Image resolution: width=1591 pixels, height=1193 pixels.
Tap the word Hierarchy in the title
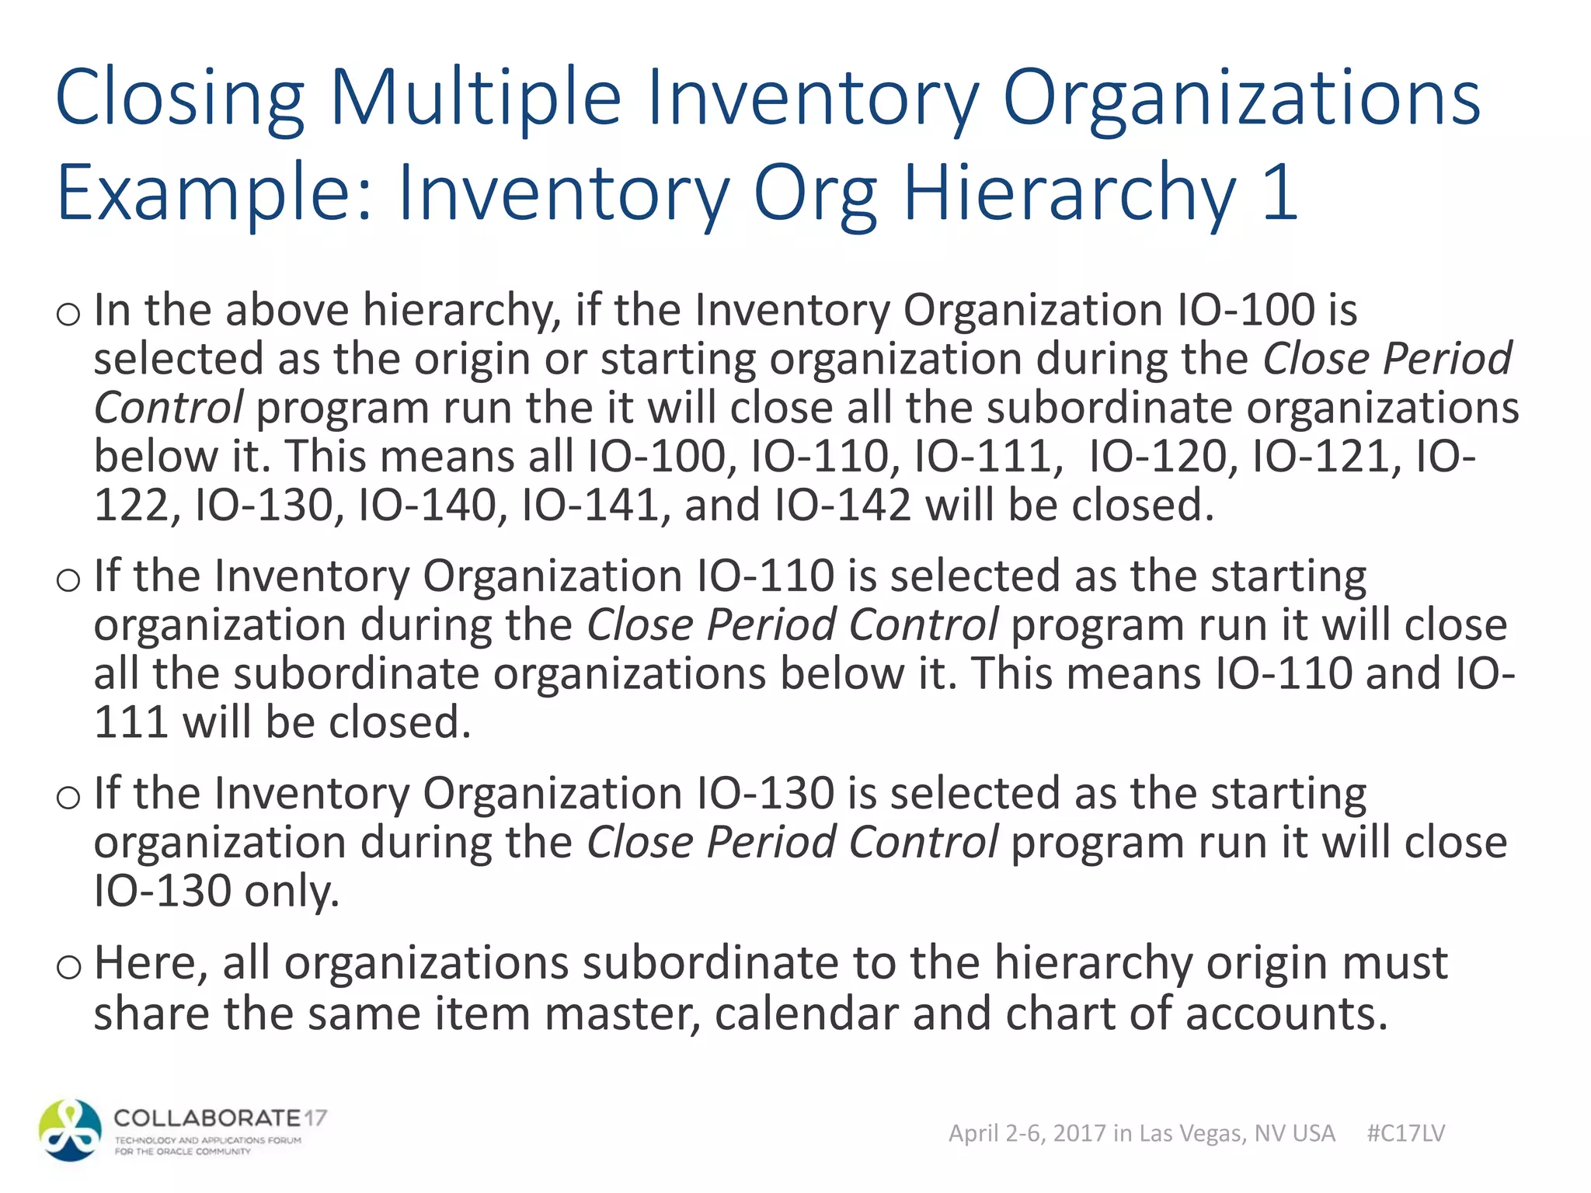pyautogui.click(x=1069, y=193)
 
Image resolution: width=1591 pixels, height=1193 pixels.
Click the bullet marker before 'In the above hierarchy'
pyautogui.click(x=68, y=314)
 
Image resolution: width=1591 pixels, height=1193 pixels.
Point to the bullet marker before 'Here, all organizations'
pyautogui.click(x=68, y=966)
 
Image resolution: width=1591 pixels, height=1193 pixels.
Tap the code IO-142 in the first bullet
pyautogui.click(x=843, y=506)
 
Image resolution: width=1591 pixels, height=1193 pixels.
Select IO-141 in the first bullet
pyautogui.click(x=591, y=506)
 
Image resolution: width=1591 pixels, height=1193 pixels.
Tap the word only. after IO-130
pyautogui.click(x=292, y=892)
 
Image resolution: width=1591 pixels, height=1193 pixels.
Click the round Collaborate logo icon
pyautogui.click(x=70, y=1130)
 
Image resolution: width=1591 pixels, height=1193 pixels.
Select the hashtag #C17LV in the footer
pyautogui.click(x=1405, y=1133)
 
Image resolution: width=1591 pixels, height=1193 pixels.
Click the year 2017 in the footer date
pyautogui.click(x=1079, y=1133)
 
